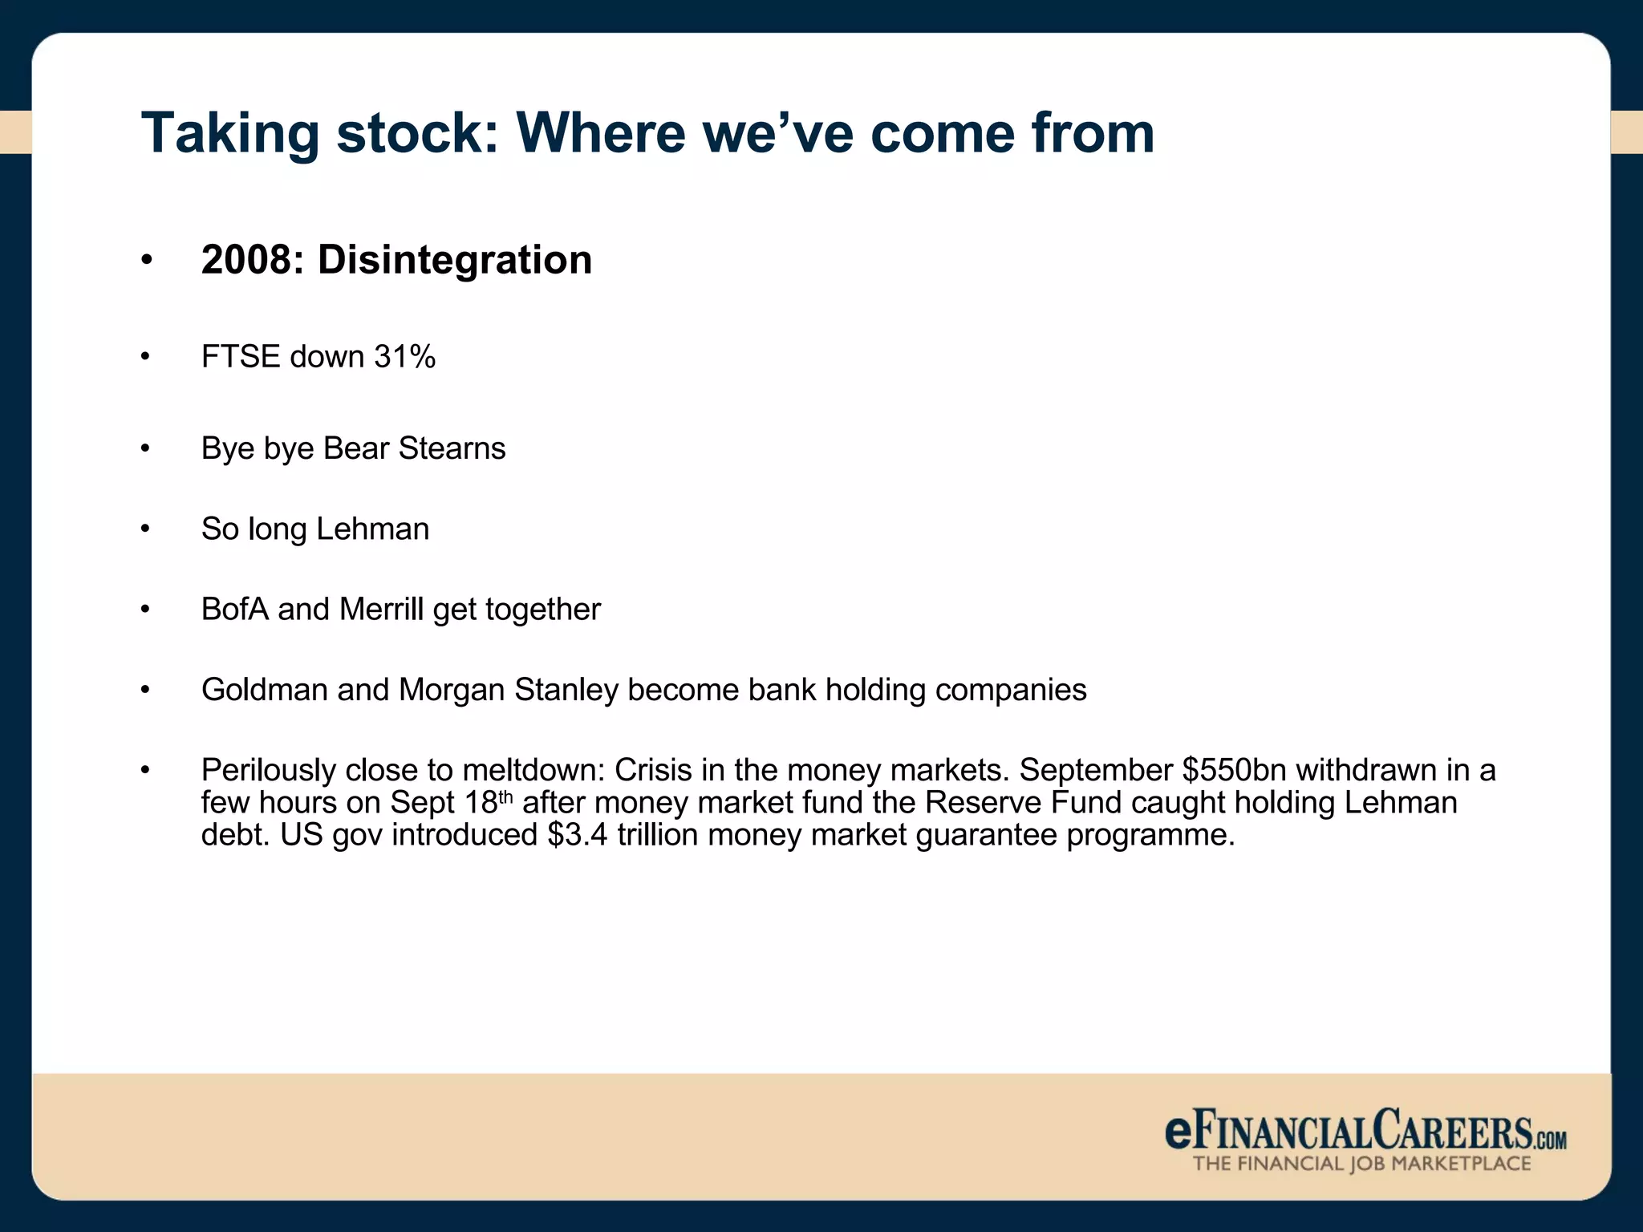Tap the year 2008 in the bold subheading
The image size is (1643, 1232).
(x=246, y=260)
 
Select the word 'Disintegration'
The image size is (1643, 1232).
(x=455, y=260)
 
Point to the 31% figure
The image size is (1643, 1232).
(x=404, y=357)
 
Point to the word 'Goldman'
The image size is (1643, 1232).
(x=264, y=690)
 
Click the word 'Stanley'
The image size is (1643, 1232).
(x=566, y=690)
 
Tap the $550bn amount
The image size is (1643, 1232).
(x=1234, y=771)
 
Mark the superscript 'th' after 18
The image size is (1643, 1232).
(x=505, y=796)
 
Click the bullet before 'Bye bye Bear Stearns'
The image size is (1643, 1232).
(x=145, y=448)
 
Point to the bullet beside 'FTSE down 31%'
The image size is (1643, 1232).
(x=145, y=357)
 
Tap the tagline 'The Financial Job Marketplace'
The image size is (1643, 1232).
(x=1361, y=1164)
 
